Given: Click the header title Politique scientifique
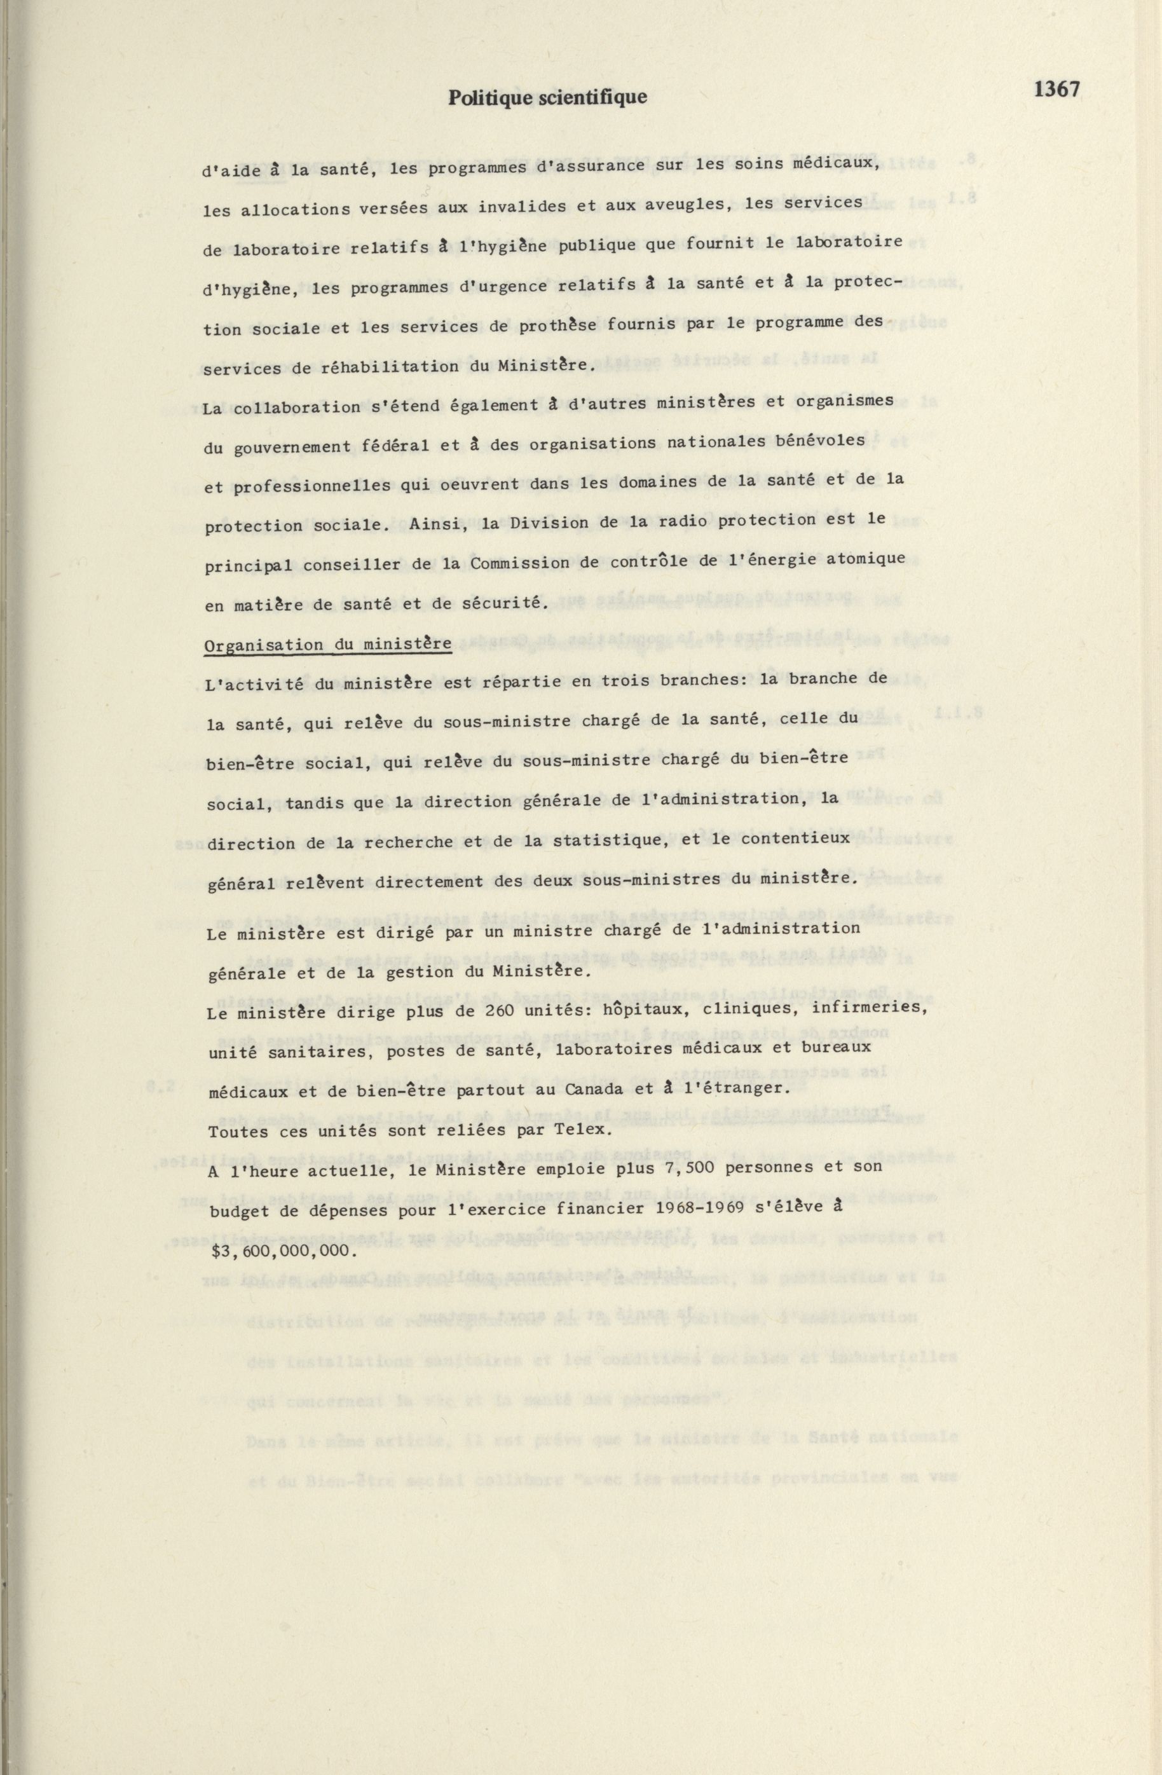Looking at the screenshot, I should (x=547, y=98).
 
